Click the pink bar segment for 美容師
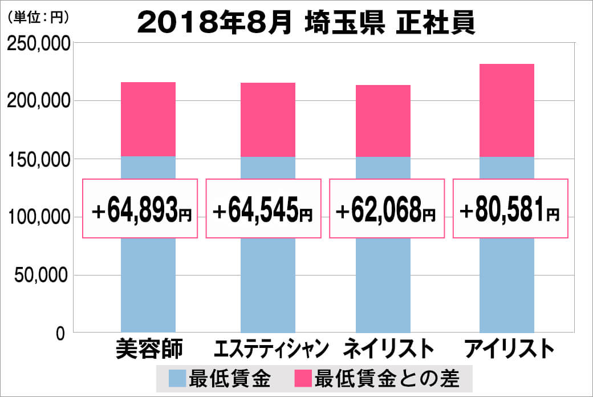click(x=148, y=119)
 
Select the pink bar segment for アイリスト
click(x=506, y=110)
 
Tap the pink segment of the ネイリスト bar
click(x=383, y=120)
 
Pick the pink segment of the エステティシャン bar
click(x=267, y=119)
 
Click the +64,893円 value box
click(x=140, y=209)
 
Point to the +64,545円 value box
click(x=263, y=209)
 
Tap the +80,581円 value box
click(x=510, y=209)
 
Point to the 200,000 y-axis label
click(x=38, y=101)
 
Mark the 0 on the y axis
click(x=60, y=333)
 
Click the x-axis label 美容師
click(x=148, y=349)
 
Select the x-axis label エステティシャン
click(x=272, y=349)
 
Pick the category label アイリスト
click(x=509, y=349)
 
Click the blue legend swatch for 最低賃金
click(x=177, y=378)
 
